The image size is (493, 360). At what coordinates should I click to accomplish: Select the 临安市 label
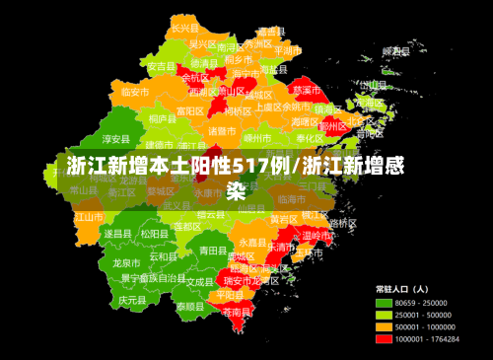pyautogui.click(x=135, y=91)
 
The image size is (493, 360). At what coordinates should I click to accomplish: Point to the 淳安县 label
pyautogui.click(x=116, y=139)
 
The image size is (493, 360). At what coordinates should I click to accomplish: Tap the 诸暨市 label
pyautogui.click(x=222, y=131)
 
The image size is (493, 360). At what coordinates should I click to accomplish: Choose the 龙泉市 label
pyautogui.click(x=126, y=263)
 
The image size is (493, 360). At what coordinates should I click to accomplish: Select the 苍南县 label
pyautogui.click(x=237, y=311)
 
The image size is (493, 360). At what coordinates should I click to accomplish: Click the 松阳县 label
pyautogui.click(x=155, y=234)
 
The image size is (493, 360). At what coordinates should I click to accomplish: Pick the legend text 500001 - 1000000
pyautogui.click(x=425, y=325)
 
